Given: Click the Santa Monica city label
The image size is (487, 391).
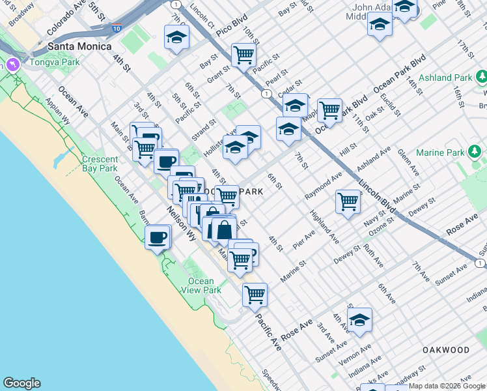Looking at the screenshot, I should coord(79,47).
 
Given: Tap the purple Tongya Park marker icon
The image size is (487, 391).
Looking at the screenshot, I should coord(13,65).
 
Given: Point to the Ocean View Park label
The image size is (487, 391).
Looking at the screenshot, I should coord(201,285).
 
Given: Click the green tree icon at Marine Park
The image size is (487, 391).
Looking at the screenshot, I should coord(475,152).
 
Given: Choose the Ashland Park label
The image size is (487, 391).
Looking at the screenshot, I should coord(446,78).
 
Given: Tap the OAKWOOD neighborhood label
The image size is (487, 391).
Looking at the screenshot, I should coord(445,350).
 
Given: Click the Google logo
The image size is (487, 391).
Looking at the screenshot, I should coord(21,383).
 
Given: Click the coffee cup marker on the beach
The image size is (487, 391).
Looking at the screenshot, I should coord(158,238).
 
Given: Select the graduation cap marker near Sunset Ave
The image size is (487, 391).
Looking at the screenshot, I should coord(359,320).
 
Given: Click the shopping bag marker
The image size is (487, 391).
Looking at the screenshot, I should coord(224,230).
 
